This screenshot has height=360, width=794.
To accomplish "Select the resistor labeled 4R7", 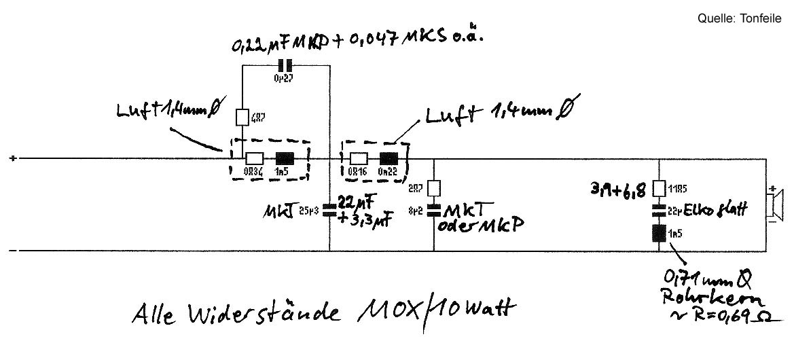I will click(x=242, y=118).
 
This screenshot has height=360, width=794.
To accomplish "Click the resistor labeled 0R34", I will click(x=254, y=158).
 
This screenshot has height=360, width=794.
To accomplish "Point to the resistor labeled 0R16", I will click(x=358, y=158).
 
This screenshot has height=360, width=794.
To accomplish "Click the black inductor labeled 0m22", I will click(x=388, y=158).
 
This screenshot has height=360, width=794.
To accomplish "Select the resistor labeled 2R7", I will click(x=433, y=187).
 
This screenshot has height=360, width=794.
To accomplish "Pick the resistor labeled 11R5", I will click(x=659, y=187).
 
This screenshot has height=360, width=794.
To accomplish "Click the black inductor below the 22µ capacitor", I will click(x=659, y=234).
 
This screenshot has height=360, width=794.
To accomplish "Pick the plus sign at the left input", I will click(x=13, y=159).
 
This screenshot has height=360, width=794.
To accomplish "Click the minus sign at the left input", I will click(x=13, y=251).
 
